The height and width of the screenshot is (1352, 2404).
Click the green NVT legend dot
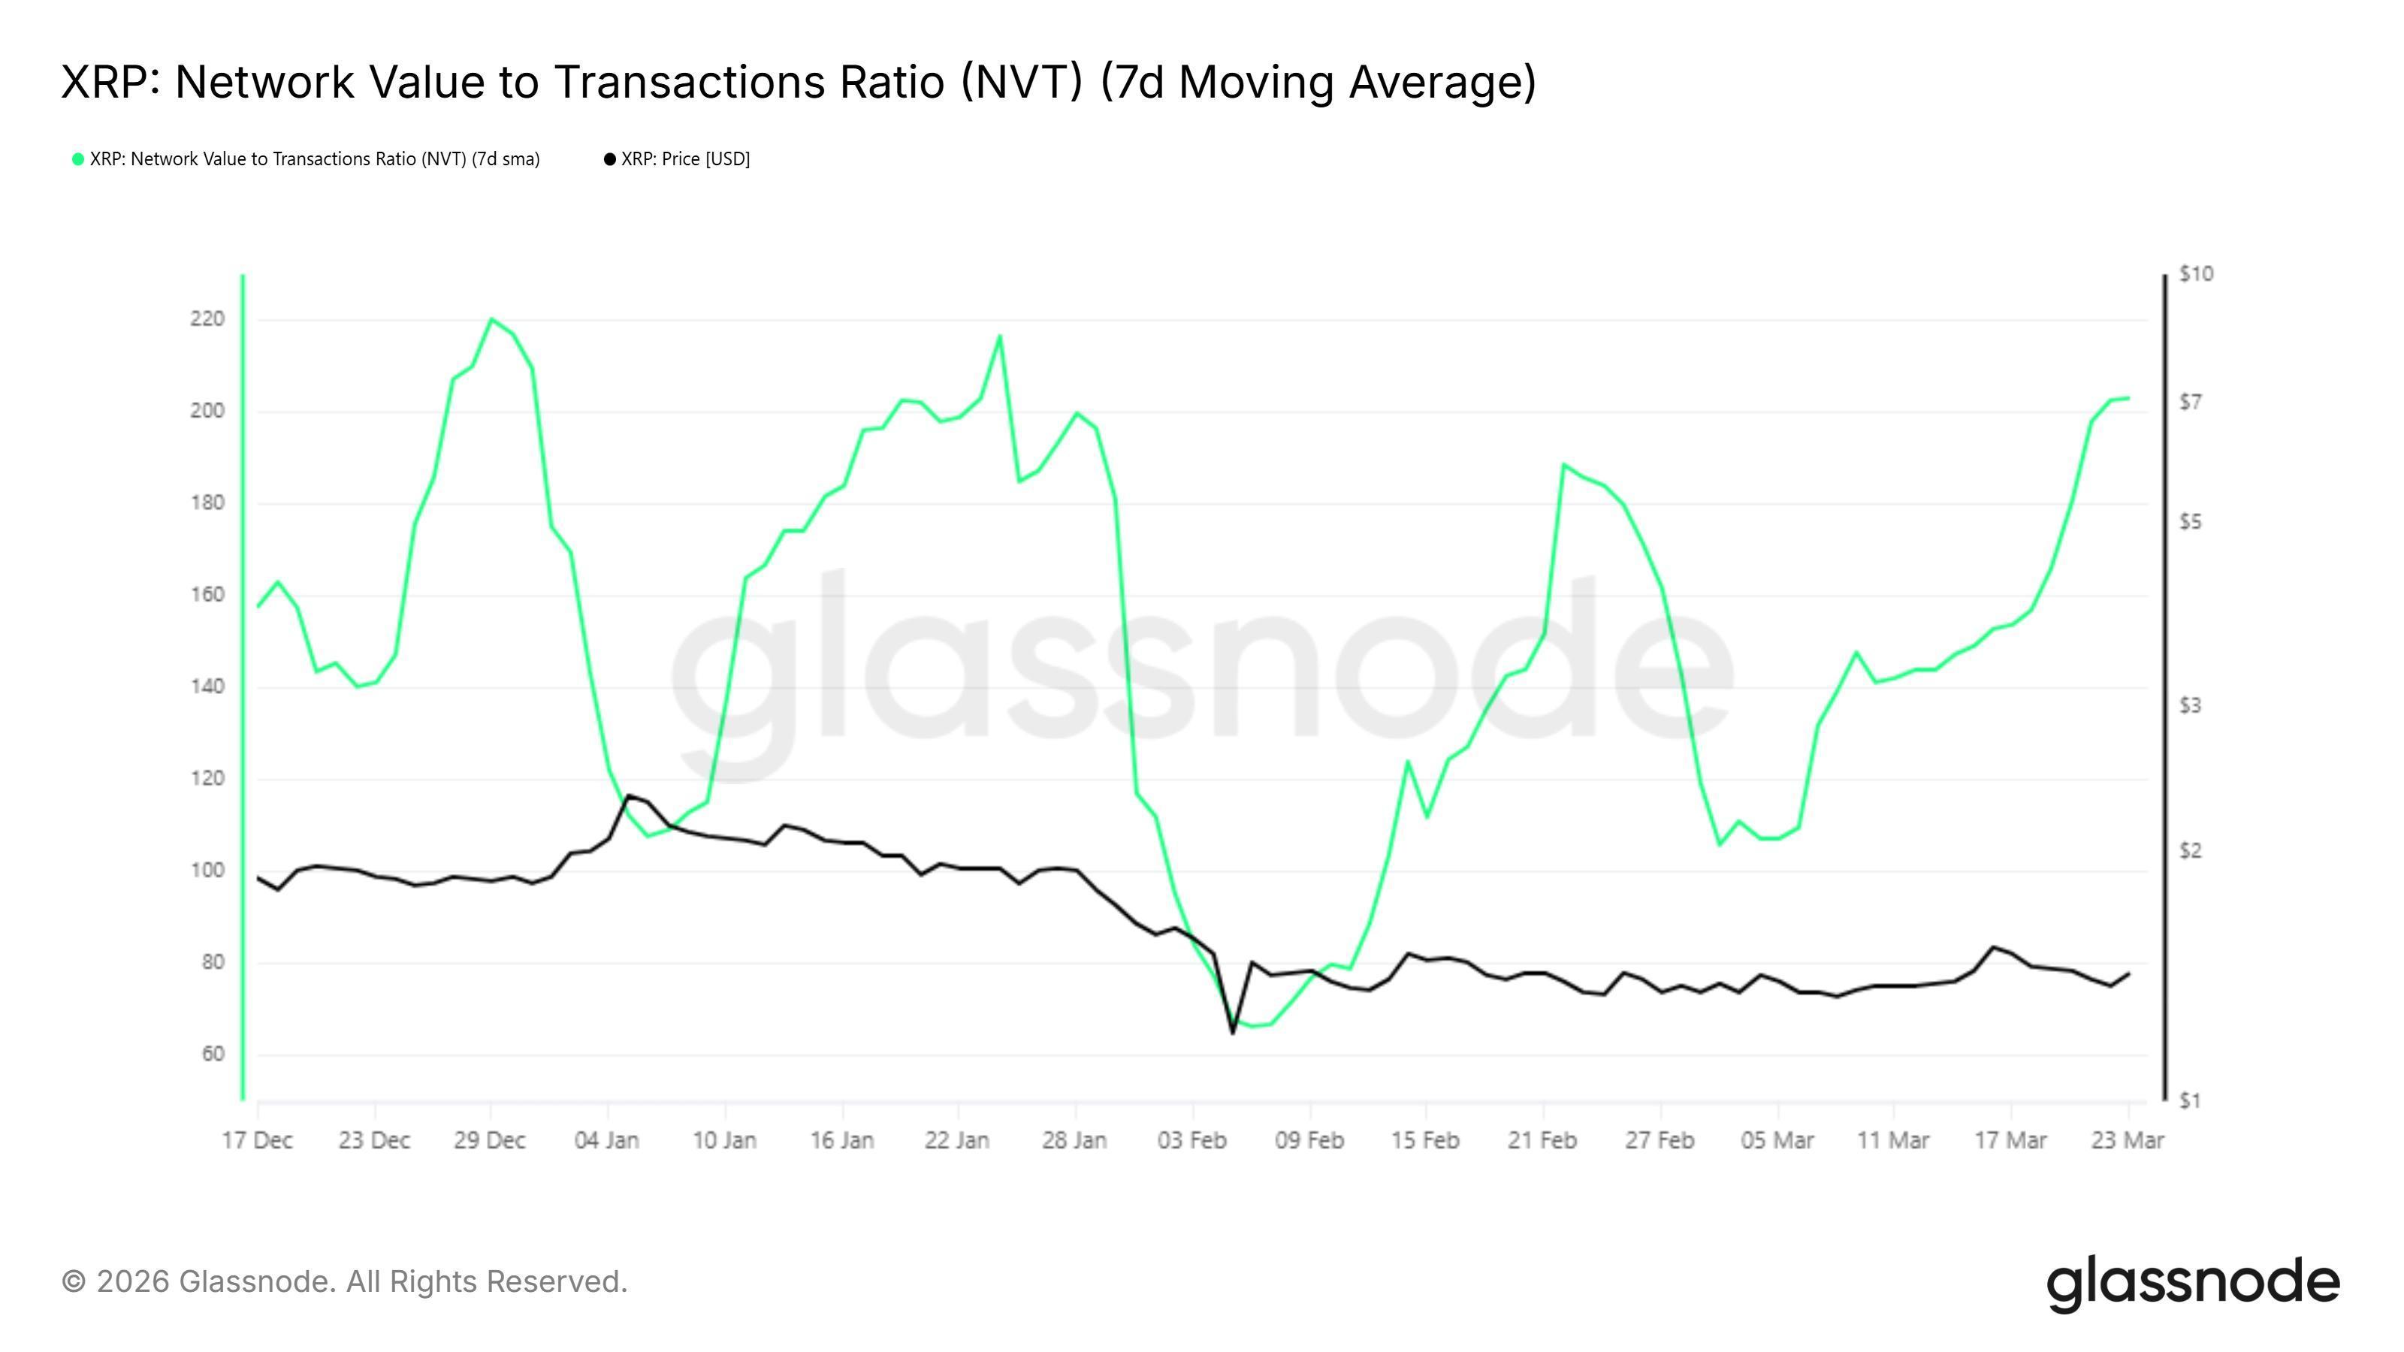(78, 159)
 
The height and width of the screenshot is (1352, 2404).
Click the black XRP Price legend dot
(610, 159)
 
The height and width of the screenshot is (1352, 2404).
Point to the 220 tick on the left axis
(207, 319)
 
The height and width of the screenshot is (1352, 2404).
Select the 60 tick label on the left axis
(213, 1055)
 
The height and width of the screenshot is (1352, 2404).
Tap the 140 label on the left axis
(207, 687)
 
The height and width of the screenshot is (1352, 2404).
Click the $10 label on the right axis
(2196, 274)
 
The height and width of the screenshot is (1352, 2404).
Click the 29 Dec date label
(490, 1141)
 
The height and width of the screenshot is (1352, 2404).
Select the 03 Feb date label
(1191, 1141)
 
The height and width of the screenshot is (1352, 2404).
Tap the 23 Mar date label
(2127, 1141)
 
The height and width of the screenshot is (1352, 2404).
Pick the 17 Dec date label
(258, 1141)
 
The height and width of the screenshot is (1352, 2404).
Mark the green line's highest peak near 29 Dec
(492, 319)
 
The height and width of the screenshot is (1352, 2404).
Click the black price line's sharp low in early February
(1233, 1032)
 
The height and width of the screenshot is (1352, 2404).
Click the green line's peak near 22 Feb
(1563, 465)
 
